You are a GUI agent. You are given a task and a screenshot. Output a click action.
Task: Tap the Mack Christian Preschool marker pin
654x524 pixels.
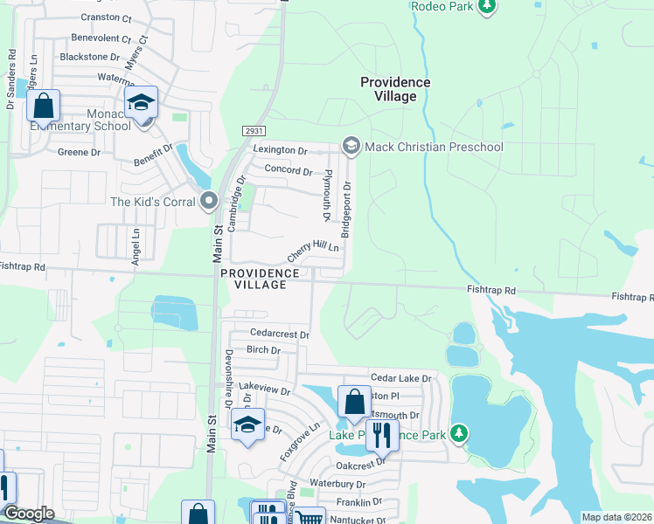coord(351,146)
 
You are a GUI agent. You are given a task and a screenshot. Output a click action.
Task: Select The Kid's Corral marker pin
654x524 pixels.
coord(209,202)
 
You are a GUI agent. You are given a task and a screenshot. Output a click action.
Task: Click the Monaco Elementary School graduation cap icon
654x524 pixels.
coord(140,102)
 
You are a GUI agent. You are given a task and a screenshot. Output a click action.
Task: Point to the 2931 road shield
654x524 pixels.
coord(253,131)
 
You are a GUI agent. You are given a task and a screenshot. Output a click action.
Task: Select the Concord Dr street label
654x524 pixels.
coord(288,169)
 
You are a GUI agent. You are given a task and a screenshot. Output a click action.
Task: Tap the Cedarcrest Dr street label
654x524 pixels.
coord(280,334)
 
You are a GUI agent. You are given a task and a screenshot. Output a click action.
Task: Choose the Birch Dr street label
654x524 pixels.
coord(263,350)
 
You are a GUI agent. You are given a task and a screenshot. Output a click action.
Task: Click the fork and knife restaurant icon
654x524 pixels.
coord(382,433)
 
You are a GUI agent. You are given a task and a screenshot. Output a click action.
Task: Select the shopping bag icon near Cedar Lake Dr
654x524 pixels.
coord(354,402)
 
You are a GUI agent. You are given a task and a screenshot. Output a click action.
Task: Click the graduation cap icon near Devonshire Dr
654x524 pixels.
coord(247,425)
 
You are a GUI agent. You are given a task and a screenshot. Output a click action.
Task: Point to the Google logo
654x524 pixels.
coord(29,514)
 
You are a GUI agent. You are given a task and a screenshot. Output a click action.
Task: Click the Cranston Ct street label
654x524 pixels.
coord(106,17)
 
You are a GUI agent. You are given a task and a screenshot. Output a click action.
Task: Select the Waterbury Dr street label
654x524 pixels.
coord(337,484)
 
